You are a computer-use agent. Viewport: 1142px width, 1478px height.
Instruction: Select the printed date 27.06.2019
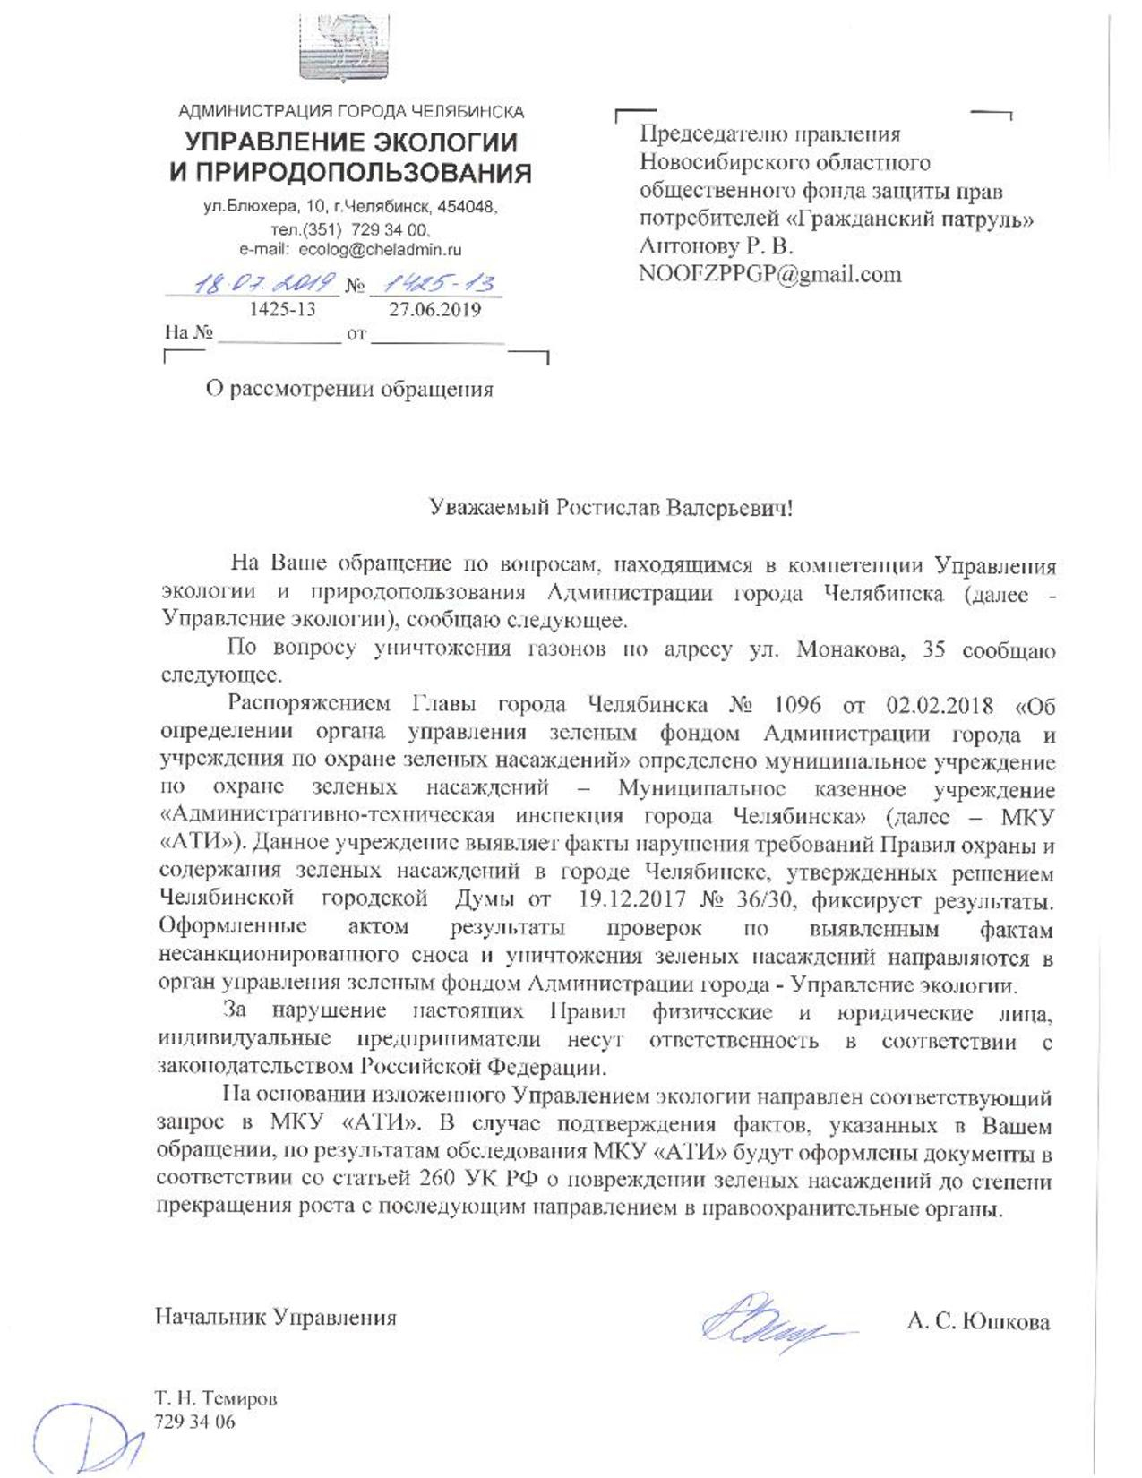point(434,310)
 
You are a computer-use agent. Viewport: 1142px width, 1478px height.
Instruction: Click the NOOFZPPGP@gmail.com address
point(769,274)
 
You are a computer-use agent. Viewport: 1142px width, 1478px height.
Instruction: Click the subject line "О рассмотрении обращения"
point(349,390)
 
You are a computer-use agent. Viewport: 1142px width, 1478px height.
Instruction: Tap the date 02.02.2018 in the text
point(940,705)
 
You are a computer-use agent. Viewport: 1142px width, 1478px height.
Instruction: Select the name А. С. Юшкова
point(978,1322)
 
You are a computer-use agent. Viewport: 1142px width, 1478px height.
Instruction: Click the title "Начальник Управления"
point(276,1317)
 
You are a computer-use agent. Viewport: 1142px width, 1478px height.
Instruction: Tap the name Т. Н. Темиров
point(216,1398)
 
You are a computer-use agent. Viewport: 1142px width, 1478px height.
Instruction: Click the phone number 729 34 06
point(194,1422)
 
